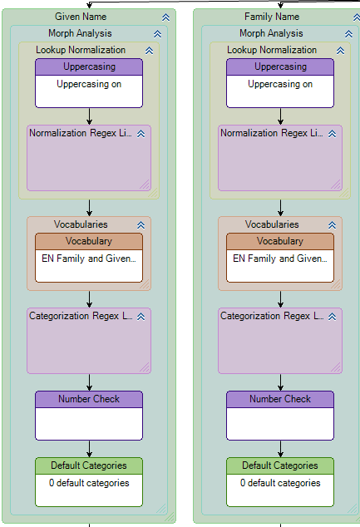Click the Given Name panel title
(81, 17)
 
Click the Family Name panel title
(272, 17)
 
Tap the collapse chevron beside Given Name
(165, 17)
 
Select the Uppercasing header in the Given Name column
(89, 66)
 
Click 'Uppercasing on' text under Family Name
(280, 84)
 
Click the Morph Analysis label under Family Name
(271, 33)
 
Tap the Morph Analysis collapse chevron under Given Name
(157, 34)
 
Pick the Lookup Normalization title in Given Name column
(81, 50)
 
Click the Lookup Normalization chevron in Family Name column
(340, 51)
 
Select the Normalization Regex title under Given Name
(81, 133)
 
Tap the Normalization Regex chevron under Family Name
(332, 134)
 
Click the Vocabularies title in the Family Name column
(272, 224)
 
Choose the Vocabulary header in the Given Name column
(89, 241)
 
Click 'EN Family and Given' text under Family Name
(279, 259)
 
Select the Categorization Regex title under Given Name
(81, 316)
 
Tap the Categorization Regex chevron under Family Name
(332, 317)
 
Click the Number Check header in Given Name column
(89, 399)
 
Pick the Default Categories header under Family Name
(280, 465)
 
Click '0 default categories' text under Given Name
(89, 483)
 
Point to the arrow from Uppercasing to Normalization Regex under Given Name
(89, 116)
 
